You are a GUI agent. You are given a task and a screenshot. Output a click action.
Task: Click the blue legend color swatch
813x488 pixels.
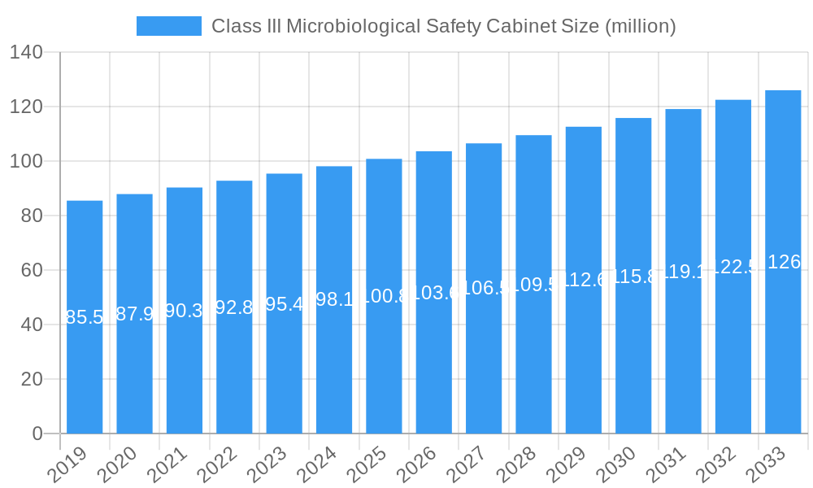coord(168,26)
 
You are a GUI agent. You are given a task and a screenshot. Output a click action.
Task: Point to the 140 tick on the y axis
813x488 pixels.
coord(27,53)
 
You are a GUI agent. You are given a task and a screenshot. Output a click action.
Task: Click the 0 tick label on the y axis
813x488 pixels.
coord(37,434)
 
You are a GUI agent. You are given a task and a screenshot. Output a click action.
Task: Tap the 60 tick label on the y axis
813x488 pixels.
coord(32,270)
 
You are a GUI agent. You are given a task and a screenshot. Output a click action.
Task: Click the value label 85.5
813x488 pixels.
coord(85,317)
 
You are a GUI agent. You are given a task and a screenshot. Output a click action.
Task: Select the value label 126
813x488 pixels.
coord(784,262)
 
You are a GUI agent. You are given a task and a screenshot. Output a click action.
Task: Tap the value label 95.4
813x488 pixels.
coord(285,304)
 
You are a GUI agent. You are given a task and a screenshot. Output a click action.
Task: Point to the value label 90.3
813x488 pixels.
coord(185,311)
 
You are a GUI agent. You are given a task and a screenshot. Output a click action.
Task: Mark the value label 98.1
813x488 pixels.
coord(334,299)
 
